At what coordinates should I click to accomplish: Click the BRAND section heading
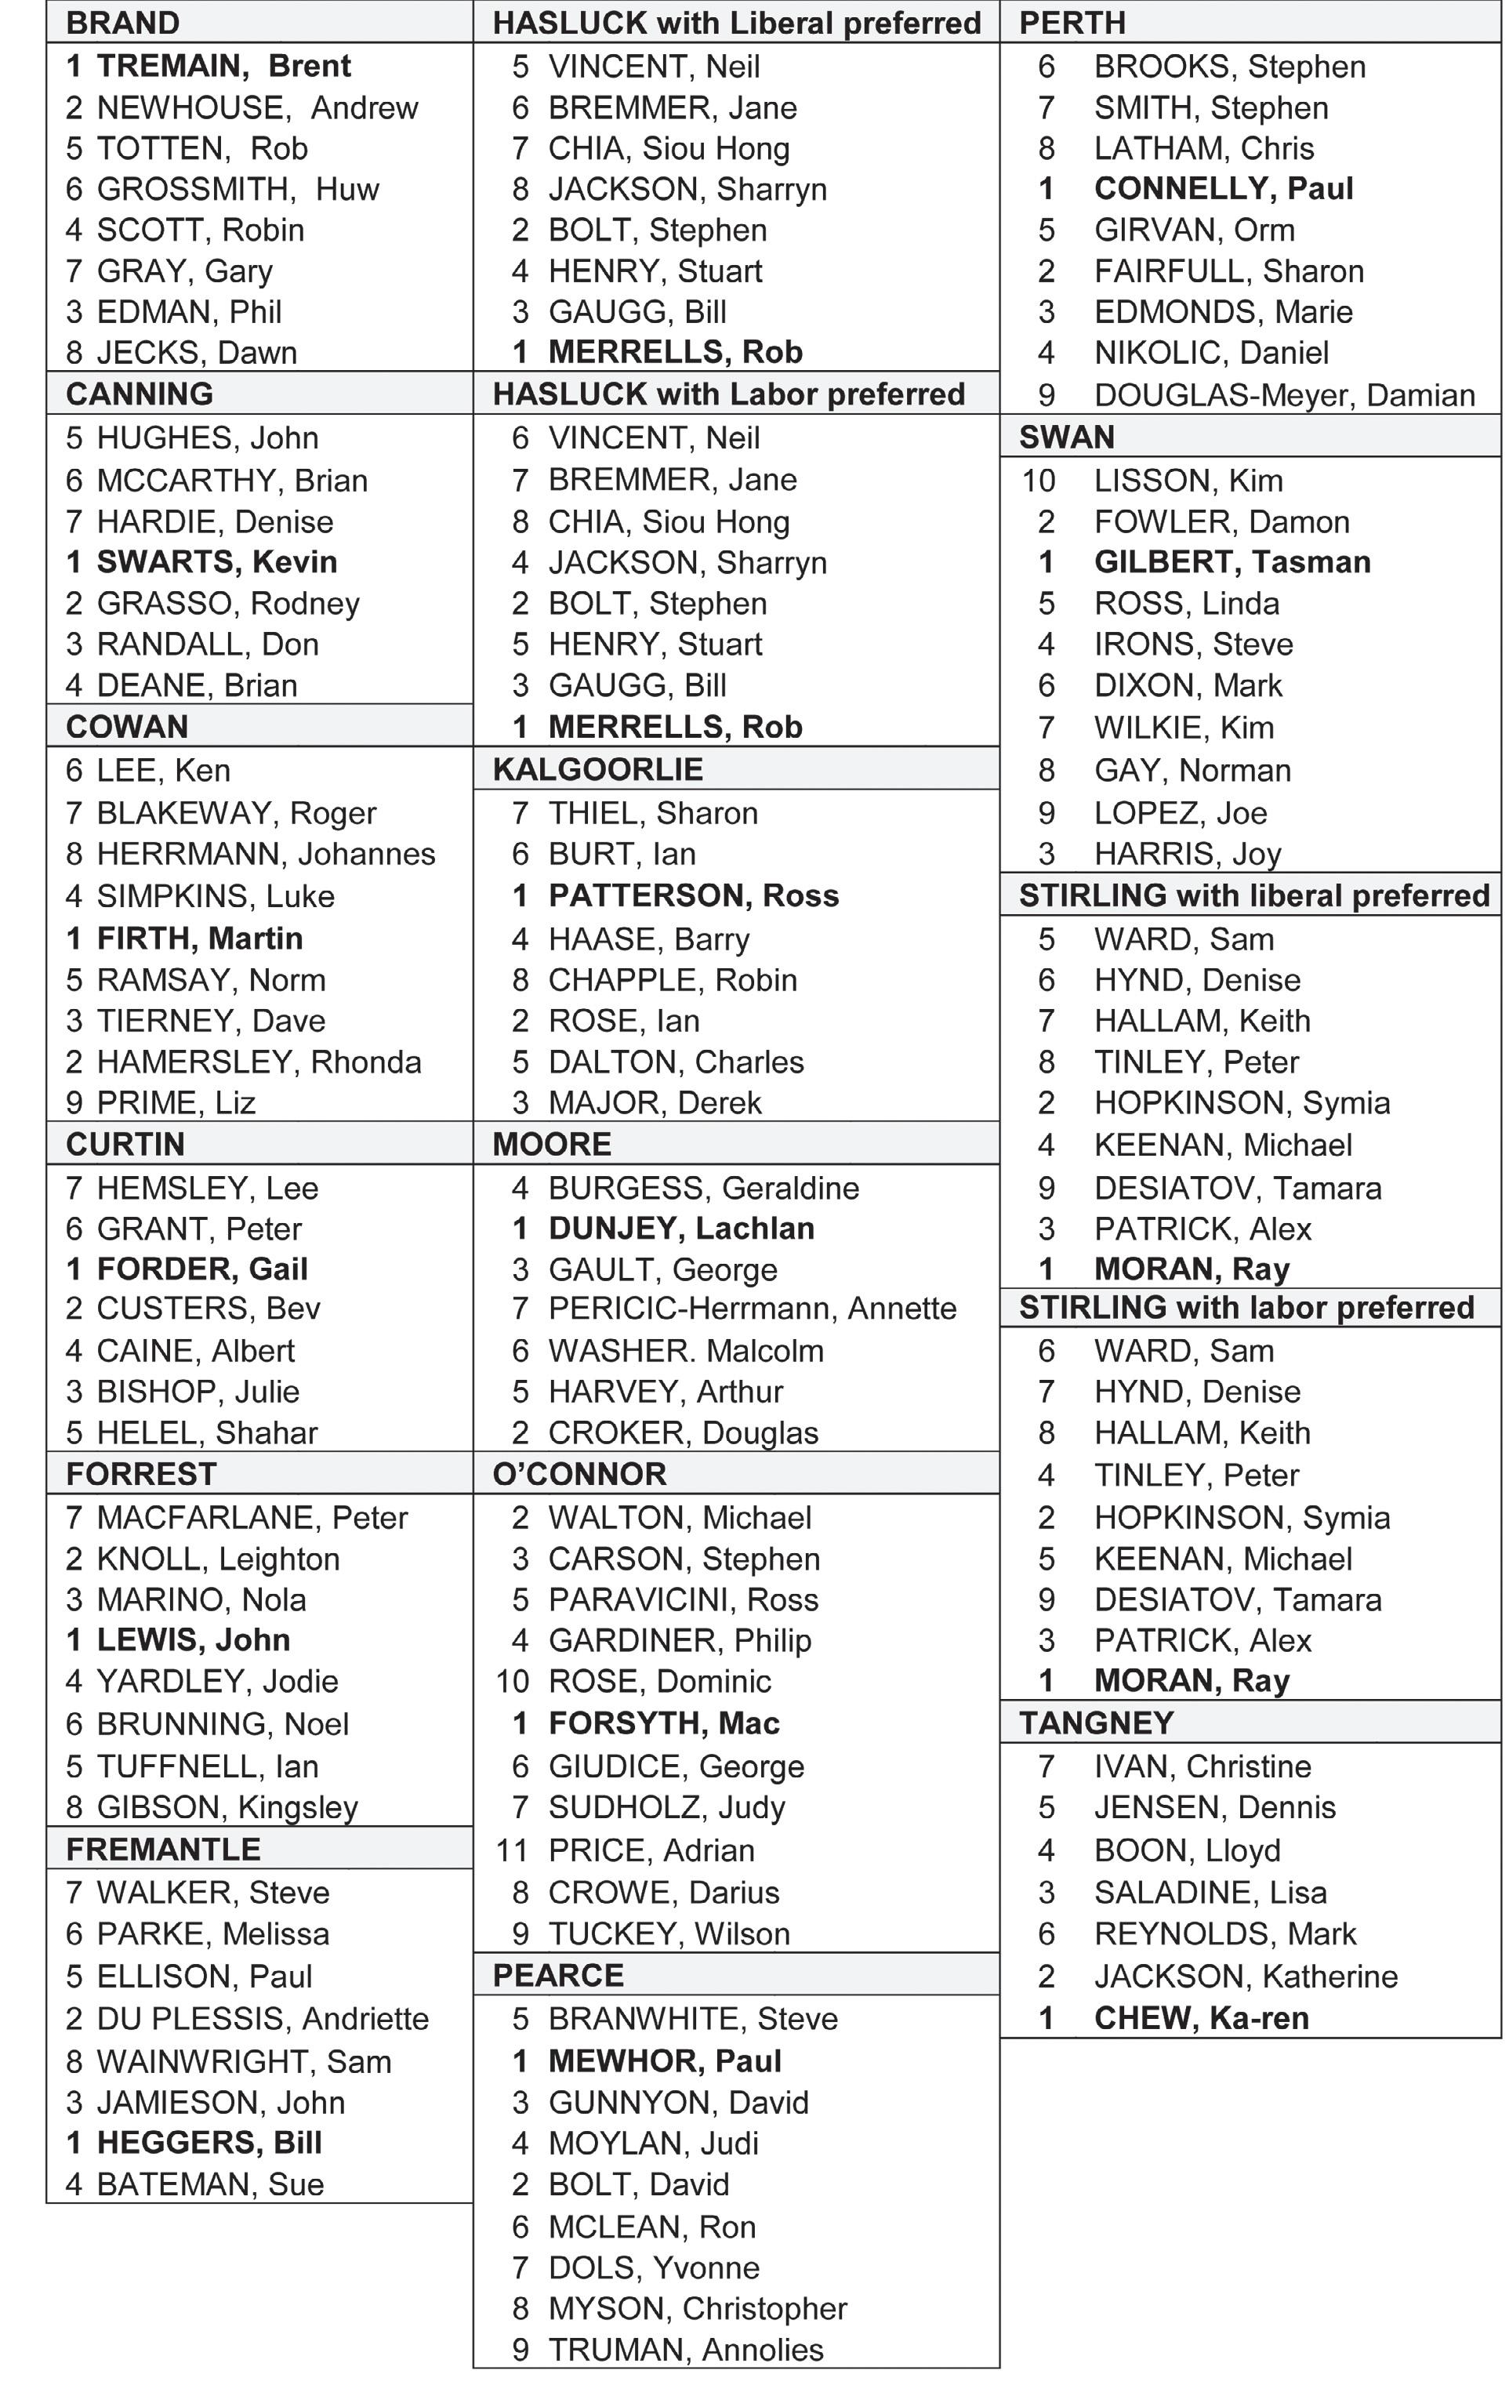click(122, 22)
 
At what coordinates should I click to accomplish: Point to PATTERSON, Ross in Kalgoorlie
click(693, 895)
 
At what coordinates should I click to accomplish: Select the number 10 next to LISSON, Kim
click(1039, 481)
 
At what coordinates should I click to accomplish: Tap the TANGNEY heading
click(1096, 1723)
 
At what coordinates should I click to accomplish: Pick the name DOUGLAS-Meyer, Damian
click(1283, 395)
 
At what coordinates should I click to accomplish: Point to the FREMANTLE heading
click(163, 1849)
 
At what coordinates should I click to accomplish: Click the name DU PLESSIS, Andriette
click(263, 2018)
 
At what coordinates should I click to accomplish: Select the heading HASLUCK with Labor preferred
click(728, 394)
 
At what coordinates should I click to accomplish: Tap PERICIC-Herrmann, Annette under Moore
click(752, 1309)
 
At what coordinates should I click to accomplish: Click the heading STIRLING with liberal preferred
click(1253, 895)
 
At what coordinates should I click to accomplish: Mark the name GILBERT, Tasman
click(1232, 562)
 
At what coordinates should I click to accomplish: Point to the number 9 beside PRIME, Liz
click(74, 1102)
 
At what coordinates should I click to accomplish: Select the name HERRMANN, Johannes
click(266, 854)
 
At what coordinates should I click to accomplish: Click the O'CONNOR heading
click(579, 1474)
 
